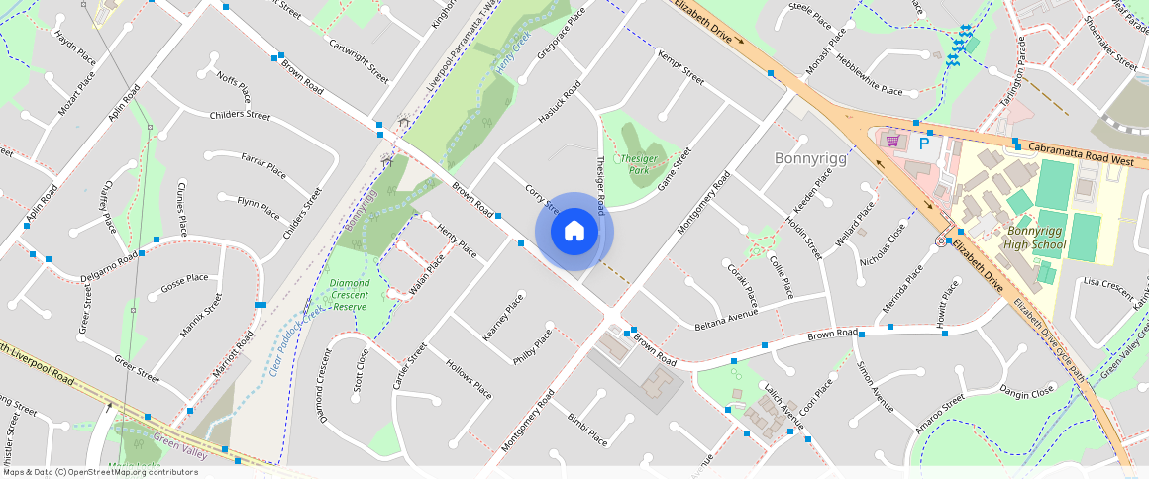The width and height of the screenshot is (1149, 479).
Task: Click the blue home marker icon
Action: [x=574, y=232]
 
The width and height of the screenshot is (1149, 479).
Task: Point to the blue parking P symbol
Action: [x=924, y=144]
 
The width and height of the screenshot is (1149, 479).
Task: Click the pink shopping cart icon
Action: [x=892, y=141]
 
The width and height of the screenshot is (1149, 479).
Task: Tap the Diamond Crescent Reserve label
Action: [x=349, y=295]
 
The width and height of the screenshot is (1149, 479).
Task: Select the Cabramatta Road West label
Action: [x=1080, y=153]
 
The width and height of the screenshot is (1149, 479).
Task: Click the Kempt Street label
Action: [x=680, y=66]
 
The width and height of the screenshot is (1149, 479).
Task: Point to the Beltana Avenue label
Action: [x=726, y=319]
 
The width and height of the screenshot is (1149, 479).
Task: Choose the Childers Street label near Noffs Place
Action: [x=240, y=115]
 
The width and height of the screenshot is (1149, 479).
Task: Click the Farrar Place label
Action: [x=263, y=168]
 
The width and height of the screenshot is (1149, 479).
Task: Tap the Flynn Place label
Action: [x=261, y=206]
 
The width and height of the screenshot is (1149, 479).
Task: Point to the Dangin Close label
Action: [x=1027, y=392]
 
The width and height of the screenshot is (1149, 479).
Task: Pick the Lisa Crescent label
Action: [x=1108, y=287]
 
